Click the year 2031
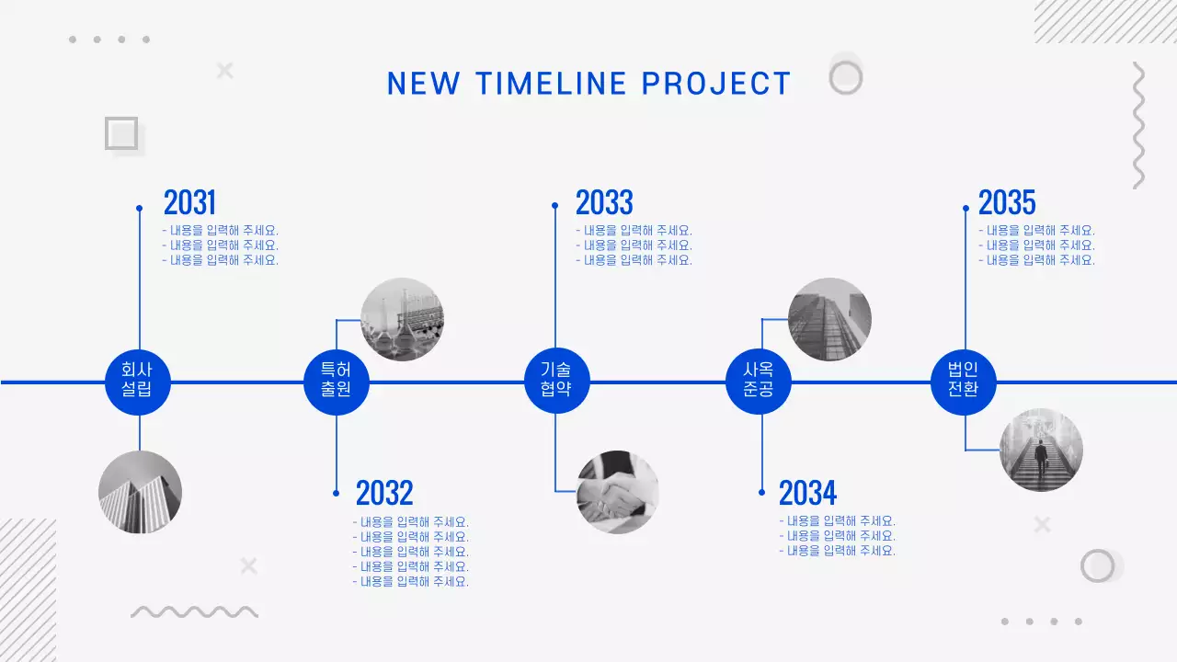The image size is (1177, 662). tap(189, 202)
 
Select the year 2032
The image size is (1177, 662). tap(384, 494)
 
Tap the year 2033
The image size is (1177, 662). tap(604, 202)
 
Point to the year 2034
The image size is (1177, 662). tap(807, 494)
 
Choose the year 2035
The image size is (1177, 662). tap(1007, 202)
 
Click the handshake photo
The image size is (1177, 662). tap(618, 492)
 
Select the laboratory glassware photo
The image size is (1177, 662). tap(402, 319)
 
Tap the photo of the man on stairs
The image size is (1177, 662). tap(1041, 450)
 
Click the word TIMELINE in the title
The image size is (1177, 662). tap(551, 84)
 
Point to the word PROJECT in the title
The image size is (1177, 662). tap(716, 84)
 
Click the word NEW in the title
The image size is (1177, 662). tap(423, 84)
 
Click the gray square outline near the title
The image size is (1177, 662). tap(121, 133)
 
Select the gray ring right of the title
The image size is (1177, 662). tap(845, 77)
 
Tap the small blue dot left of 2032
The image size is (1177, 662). tap(337, 494)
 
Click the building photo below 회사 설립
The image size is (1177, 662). tap(140, 492)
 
